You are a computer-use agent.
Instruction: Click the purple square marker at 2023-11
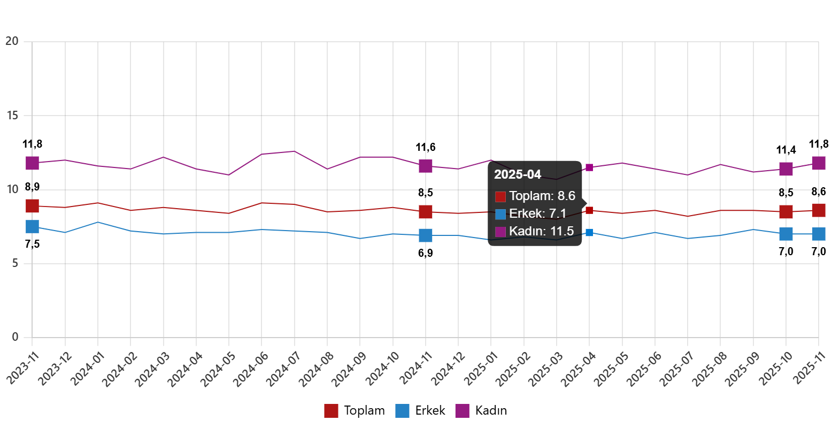click(x=32, y=163)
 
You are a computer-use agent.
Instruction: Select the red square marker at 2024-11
click(x=426, y=212)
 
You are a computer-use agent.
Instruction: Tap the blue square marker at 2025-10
click(x=786, y=234)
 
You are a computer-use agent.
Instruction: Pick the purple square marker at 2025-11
click(x=819, y=163)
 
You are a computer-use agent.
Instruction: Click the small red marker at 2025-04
click(x=589, y=210)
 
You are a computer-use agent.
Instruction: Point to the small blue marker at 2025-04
click(x=589, y=233)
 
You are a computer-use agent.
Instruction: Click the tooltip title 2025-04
click(x=517, y=174)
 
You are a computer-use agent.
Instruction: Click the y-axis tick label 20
click(x=12, y=41)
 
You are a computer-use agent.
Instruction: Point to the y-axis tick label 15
click(x=12, y=116)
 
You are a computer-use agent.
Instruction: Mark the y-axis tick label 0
click(x=15, y=337)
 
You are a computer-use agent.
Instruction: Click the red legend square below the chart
click(x=331, y=411)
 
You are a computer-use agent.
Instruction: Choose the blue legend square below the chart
click(x=402, y=411)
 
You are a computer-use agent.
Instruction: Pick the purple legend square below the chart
click(x=462, y=411)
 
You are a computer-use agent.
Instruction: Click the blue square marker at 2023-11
click(x=32, y=226)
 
